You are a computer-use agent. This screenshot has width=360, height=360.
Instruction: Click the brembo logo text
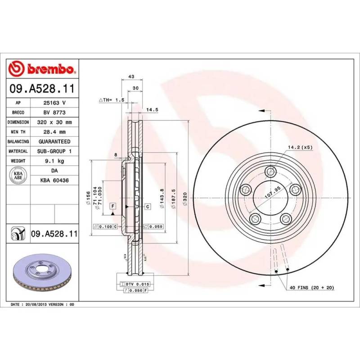[x=51, y=69]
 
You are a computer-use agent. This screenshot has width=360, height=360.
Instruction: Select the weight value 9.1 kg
[x=54, y=161]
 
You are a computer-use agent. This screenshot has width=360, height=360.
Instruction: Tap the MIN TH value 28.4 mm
[x=54, y=132]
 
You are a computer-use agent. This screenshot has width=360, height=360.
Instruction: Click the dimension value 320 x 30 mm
[x=54, y=122]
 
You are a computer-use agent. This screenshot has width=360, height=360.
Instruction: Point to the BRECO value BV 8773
[x=54, y=112]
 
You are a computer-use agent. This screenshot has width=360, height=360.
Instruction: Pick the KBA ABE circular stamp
[x=18, y=175]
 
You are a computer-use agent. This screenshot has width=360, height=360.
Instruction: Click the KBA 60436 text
[x=54, y=180]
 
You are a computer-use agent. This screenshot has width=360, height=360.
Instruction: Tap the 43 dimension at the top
[x=131, y=76]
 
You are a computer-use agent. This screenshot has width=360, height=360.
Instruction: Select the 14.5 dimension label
[x=152, y=110]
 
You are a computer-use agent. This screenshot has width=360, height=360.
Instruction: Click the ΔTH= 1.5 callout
[x=111, y=100]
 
